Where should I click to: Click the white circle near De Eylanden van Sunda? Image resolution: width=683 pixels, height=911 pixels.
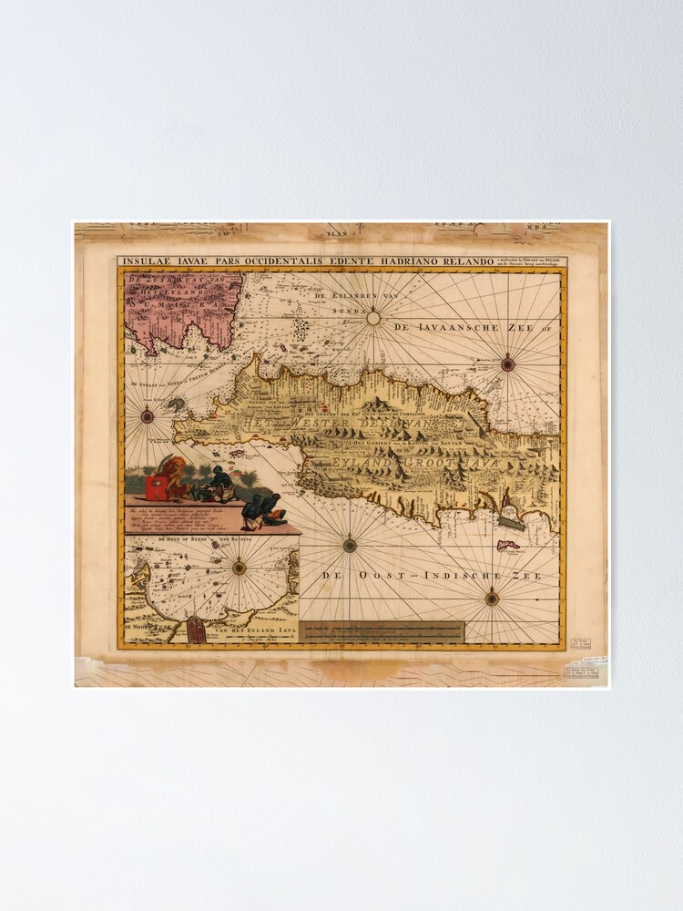click(372, 318)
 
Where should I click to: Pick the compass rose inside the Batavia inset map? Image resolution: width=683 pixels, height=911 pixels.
click(239, 567)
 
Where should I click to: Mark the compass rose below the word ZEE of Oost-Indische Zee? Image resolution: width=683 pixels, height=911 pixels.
click(492, 599)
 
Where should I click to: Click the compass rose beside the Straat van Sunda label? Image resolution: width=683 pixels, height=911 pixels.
click(148, 417)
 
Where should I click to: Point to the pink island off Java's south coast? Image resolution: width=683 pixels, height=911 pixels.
click(506, 546)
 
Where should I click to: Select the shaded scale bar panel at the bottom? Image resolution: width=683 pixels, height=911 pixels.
click(383, 630)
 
